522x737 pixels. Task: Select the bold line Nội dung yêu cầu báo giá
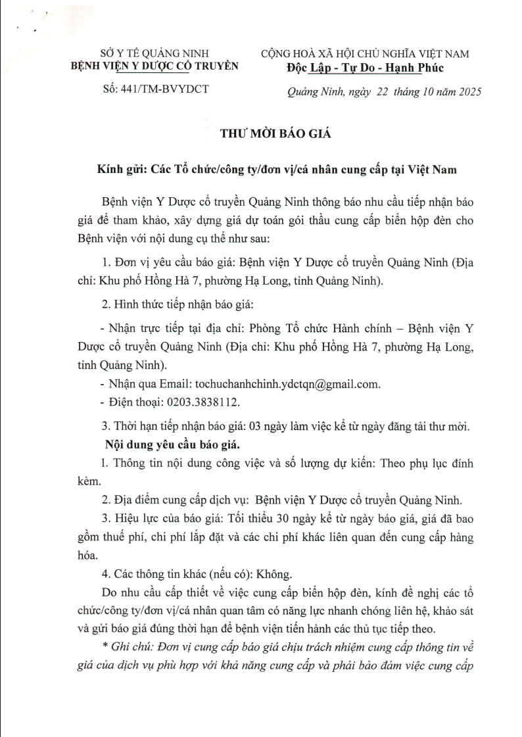pos(172,445)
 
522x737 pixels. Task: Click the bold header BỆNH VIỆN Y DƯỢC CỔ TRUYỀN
pos(155,66)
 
